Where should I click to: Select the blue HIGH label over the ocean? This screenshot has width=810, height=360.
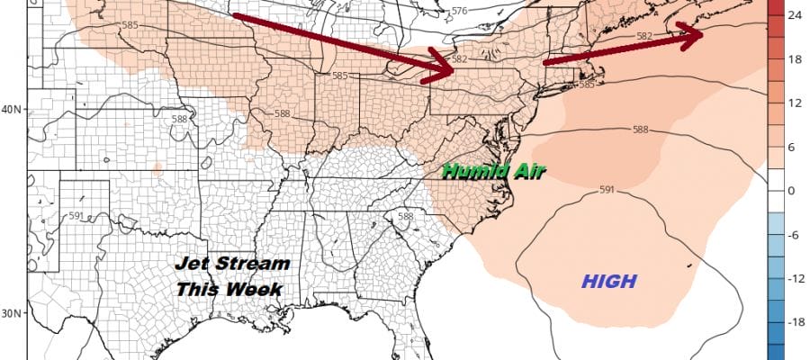609,282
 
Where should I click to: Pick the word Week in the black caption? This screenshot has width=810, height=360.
253,291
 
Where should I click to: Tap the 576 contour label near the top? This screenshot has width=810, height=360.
460,11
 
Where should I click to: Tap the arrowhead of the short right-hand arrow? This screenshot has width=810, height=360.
694,34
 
